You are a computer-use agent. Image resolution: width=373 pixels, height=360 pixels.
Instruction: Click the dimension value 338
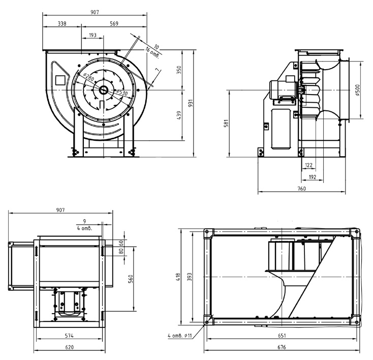(62, 23)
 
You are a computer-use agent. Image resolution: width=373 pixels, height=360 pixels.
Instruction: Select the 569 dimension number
(114, 23)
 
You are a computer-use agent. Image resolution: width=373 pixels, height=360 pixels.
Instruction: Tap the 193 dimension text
(92, 35)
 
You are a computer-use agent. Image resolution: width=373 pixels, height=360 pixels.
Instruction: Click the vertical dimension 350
(179, 70)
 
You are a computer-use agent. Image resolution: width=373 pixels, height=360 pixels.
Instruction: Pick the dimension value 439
(179, 116)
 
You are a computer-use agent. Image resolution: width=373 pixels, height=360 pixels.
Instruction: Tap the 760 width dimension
(301, 189)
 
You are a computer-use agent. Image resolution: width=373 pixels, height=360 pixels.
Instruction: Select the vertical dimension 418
(179, 276)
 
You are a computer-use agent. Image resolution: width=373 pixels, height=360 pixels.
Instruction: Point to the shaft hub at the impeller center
(103, 91)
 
